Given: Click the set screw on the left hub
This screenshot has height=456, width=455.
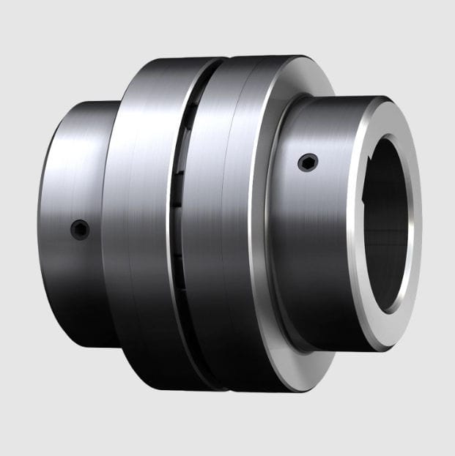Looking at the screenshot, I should coord(79,229).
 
